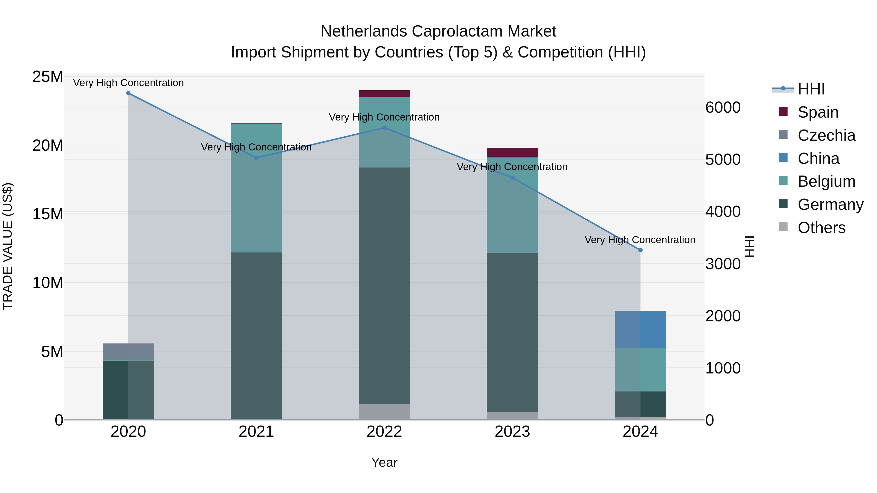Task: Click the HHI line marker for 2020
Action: click(128, 93)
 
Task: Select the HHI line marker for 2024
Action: click(640, 250)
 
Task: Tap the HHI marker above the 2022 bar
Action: click(384, 128)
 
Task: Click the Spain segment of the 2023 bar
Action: click(512, 152)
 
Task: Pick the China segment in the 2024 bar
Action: click(640, 329)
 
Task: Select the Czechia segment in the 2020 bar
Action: click(128, 352)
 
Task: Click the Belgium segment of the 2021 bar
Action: click(256, 188)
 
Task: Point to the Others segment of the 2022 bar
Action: click(384, 412)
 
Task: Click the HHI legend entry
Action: click(811, 89)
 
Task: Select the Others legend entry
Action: click(821, 228)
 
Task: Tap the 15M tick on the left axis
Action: click(48, 214)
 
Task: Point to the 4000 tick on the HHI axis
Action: click(723, 212)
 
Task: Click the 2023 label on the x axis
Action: click(512, 432)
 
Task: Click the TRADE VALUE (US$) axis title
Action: click(8, 246)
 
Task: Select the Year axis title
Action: click(384, 462)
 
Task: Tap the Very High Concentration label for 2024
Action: click(640, 240)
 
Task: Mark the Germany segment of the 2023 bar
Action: click(512, 332)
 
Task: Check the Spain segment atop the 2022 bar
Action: click(384, 93)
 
